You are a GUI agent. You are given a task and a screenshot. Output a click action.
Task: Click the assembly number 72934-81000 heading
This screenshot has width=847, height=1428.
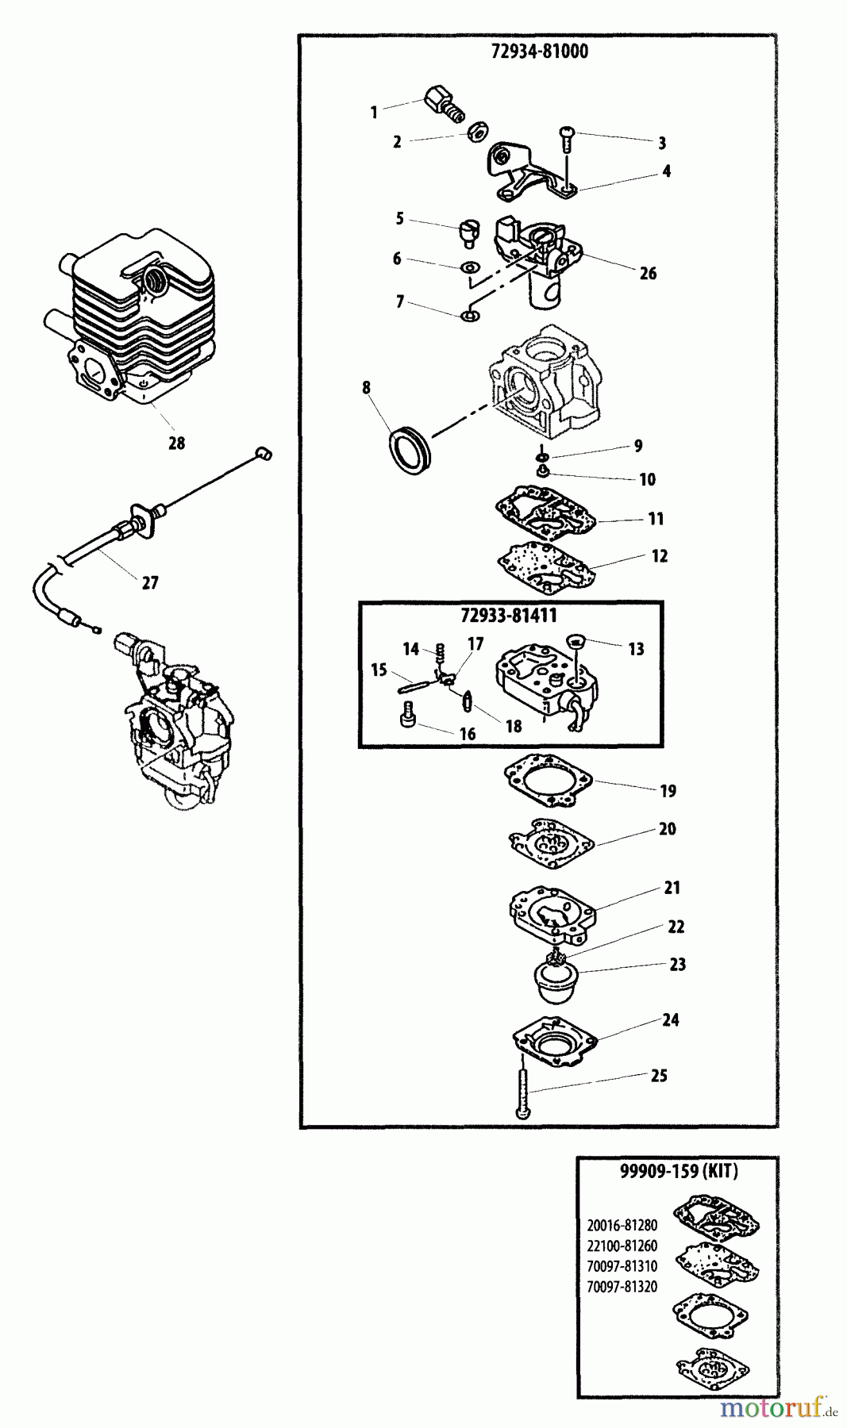coord(540,52)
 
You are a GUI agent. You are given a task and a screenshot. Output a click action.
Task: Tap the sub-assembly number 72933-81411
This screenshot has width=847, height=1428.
coord(509,616)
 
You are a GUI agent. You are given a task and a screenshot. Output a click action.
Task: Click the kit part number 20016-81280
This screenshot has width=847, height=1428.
coord(622,1225)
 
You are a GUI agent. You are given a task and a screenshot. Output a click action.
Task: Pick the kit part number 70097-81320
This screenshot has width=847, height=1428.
coord(622,1287)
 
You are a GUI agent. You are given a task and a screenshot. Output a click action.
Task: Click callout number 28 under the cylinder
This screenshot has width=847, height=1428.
coord(176,443)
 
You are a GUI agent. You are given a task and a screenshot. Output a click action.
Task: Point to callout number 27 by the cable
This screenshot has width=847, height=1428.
coord(150,583)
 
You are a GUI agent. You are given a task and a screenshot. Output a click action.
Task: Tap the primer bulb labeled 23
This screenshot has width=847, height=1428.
coord(556,981)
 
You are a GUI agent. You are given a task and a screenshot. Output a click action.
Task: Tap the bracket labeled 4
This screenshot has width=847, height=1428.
coord(524,171)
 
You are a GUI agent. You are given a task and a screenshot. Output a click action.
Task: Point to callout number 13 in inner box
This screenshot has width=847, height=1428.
coord(636,650)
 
